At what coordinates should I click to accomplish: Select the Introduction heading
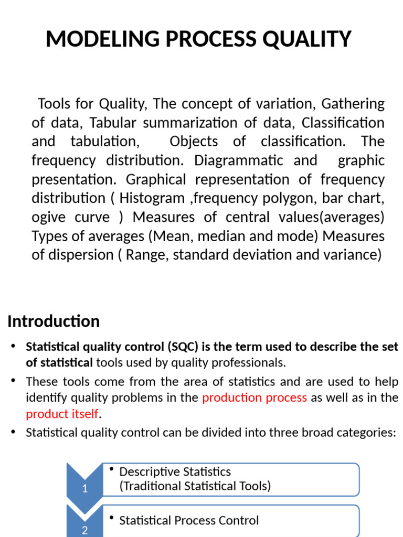(54, 321)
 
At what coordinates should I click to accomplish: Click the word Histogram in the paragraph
(152, 198)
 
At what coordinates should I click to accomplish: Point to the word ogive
(49, 217)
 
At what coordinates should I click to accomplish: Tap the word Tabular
(112, 123)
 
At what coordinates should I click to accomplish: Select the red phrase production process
(254, 398)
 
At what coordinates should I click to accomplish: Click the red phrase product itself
(62, 414)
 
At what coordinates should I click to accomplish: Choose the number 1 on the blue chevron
(86, 489)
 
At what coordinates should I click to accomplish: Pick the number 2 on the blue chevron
(84, 530)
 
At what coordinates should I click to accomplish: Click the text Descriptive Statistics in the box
(175, 471)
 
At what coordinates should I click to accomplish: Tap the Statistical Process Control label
(189, 520)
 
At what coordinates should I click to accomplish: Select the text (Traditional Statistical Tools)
(195, 486)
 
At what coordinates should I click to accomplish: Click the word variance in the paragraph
(354, 255)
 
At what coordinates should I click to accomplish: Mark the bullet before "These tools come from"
(14, 381)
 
